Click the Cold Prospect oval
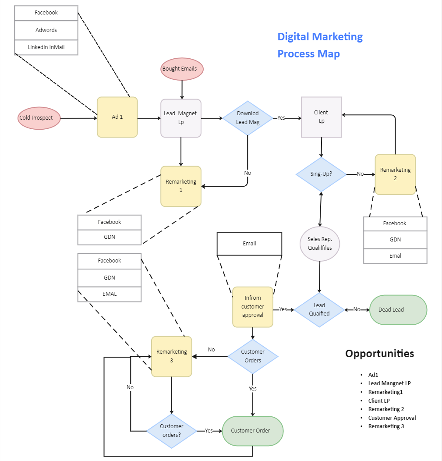pyautogui.click(x=39, y=118)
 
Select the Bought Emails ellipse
pyautogui.click(x=182, y=69)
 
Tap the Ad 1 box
pyautogui.click(x=117, y=117)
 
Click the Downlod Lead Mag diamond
pyautogui.click(x=248, y=118)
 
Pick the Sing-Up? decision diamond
pyautogui.click(x=321, y=174)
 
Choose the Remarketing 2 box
pyautogui.click(x=395, y=174)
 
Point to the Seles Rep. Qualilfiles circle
pyautogui.click(x=320, y=244)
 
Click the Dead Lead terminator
pyautogui.click(x=398, y=310)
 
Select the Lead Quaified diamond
pyautogui.click(x=319, y=310)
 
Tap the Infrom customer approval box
pyautogui.click(x=253, y=307)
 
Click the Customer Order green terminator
pyautogui.click(x=253, y=431)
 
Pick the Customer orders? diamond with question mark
pyautogui.click(x=172, y=431)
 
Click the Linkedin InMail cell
pyautogui.click(x=46, y=47)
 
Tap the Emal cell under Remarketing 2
pyautogui.click(x=395, y=256)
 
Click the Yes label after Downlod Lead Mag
pyautogui.click(x=281, y=118)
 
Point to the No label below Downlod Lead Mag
pyautogui.click(x=248, y=173)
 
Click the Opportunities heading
pyautogui.click(x=380, y=353)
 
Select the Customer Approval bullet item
pyautogui.click(x=392, y=418)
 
